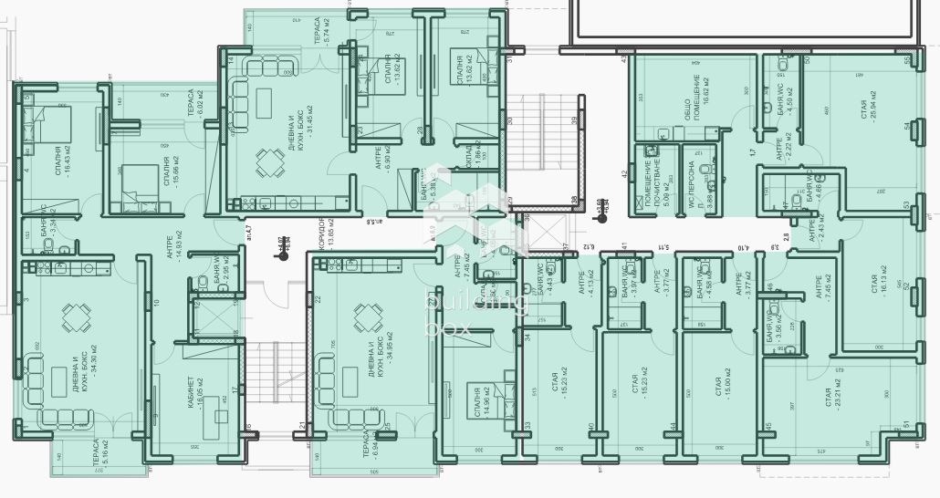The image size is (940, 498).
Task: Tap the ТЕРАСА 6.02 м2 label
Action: (194, 103)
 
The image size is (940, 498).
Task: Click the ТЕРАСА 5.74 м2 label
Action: (321, 31)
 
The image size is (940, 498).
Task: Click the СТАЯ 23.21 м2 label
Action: (832, 403)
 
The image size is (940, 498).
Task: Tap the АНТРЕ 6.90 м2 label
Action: (382, 158)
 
